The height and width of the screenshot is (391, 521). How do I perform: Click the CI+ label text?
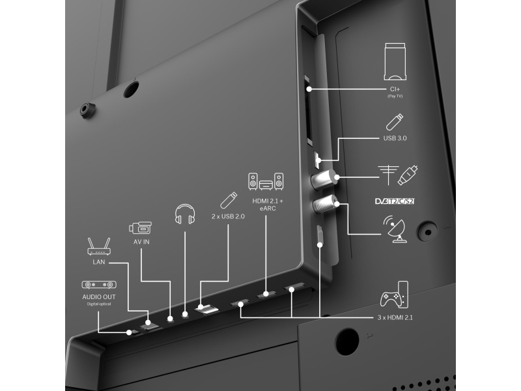point(395,89)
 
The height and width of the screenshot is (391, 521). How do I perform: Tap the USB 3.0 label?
point(395,138)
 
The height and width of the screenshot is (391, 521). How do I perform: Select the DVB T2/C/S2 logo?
point(395,201)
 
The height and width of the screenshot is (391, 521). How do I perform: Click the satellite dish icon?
point(395,229)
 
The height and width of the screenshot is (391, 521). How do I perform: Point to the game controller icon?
point(394,295)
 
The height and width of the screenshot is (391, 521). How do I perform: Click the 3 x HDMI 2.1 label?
point(395,317)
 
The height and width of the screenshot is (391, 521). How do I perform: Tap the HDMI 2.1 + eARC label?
point(268,205)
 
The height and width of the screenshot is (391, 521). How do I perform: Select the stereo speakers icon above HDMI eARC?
point(266,181)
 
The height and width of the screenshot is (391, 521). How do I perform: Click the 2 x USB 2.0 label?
point(228,216)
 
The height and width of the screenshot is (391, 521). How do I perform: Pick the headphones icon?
point(185,214)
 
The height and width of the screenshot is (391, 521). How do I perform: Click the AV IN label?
point(141,242)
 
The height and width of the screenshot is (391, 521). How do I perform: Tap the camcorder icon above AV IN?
point(140,227)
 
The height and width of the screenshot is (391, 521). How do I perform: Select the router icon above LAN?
point(99,246)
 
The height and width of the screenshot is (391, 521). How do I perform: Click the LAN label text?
point(99,262)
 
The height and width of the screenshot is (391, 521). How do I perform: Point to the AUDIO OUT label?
point(99,297)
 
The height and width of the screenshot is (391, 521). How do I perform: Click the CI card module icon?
point(395,61)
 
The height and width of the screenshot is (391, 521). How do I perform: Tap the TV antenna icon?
point(388,175)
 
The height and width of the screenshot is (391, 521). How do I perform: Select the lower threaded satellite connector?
point(325,204)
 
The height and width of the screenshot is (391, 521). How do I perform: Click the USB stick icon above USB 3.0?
point(395,122)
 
